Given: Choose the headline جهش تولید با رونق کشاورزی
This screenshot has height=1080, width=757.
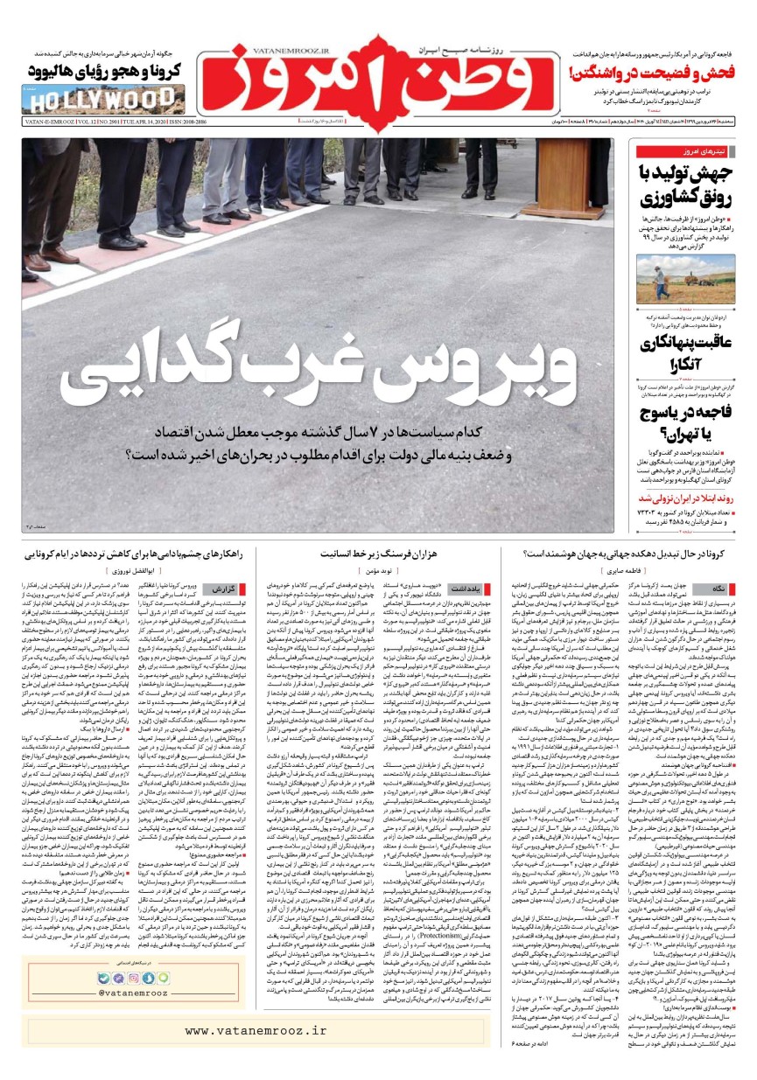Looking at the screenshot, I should [683, 185].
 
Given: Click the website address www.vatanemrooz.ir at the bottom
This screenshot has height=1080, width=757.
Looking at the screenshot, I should [255, 1030].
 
